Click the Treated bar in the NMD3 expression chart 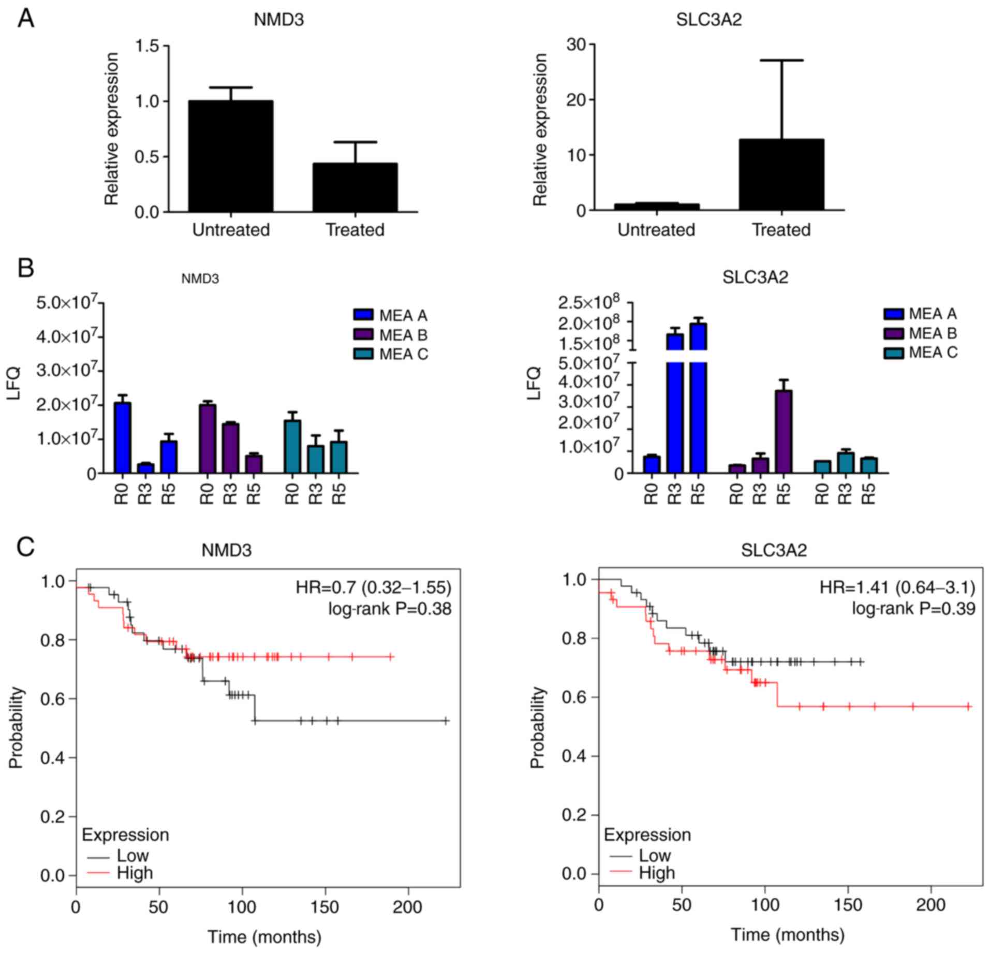click(x=354, y=187)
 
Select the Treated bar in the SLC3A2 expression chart click(x=781, y=174)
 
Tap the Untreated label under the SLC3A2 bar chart click(x=656, y=230)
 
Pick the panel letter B click(x=26, y=268)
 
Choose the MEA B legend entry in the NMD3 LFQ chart click(x=391, y=335)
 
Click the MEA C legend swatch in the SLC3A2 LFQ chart click(x=894, y=353)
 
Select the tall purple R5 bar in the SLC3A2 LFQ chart click(x=784, y=431)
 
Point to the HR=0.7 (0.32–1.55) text click(x=373, y=588)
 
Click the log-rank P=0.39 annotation click(x=913, y=609)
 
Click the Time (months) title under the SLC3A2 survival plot click(x=787, y=934)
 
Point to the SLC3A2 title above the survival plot click(x=773, y=550)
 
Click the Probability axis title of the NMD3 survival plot click(x=17, y=727)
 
